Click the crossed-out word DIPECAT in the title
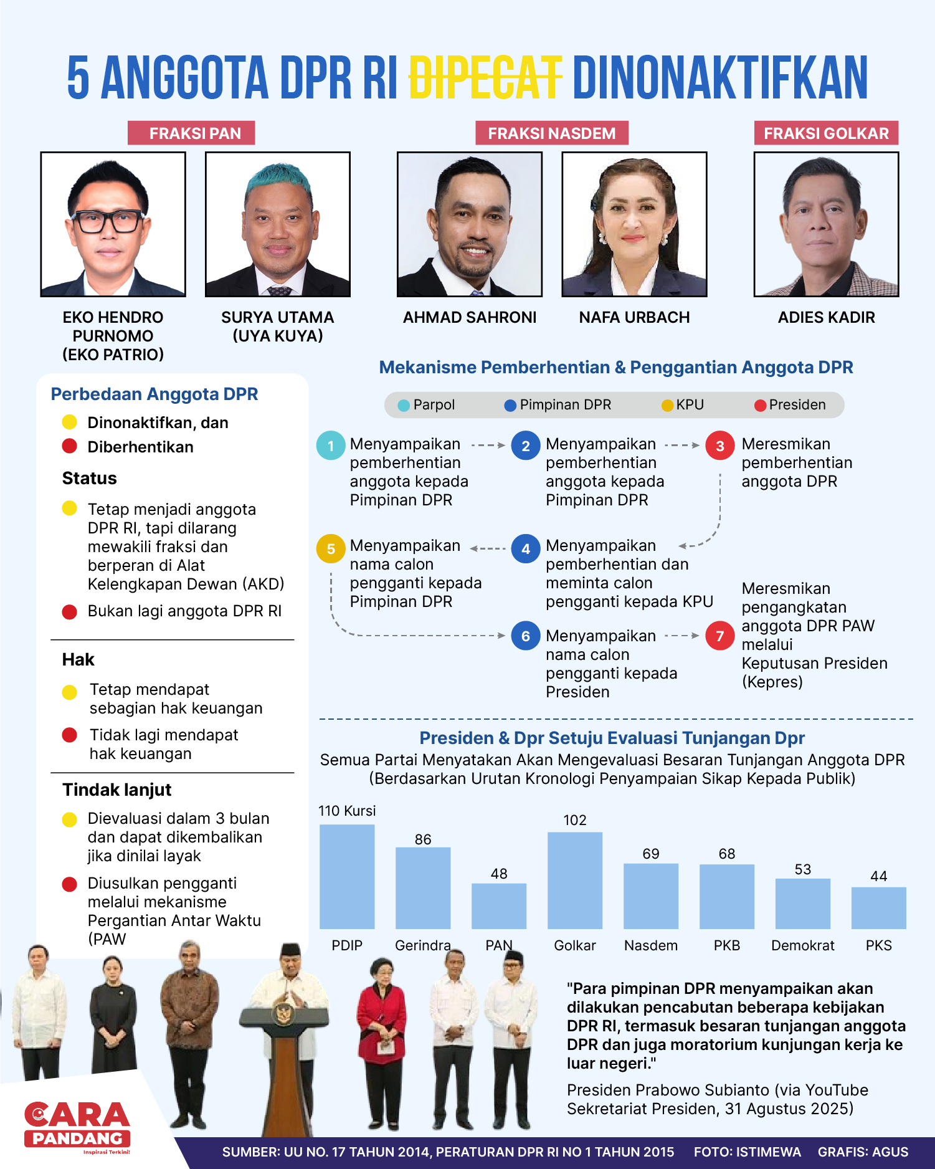pos(485,78)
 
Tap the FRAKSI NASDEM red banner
pos(551,133)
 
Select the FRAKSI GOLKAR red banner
pos(826,133)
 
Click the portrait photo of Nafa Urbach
pos(634,224)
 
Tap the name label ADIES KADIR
pos(826,318)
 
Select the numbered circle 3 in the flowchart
pos(719,446)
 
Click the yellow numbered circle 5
pos(331,549)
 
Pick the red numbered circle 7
pos(719,636)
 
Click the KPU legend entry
pos(683,405)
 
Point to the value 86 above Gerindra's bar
pos(423,839)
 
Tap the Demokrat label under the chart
pos(802,945)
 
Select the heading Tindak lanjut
pos(116,790)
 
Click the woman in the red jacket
pos(381,1022)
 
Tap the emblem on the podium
pos(285,1013)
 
